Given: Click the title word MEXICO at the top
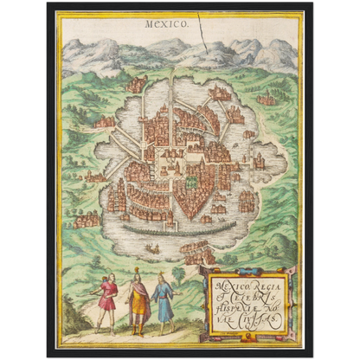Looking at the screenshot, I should click(166, 27).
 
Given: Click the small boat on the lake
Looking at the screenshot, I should click(152, 249).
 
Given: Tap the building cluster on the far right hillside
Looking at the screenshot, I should click(267, 99).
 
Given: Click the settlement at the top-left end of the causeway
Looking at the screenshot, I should click(137, 85).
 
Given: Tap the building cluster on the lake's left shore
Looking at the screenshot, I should click(87, 220).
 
